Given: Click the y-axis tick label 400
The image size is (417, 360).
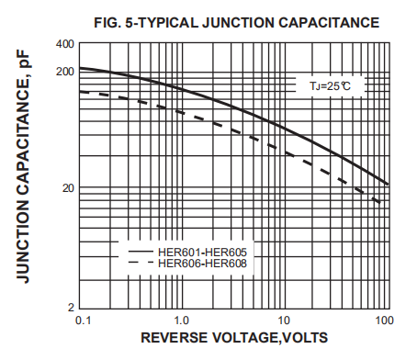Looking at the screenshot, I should (x=64, y=44).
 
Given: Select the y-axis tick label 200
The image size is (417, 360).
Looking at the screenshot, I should (x=64, y=71).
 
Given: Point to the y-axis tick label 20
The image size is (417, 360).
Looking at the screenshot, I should (x=67, y=188).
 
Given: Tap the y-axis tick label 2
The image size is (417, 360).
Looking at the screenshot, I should (x=71, y=307).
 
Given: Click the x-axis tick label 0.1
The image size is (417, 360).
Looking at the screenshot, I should (x=81, y=320).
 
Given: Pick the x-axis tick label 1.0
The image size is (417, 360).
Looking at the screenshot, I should (x=182, y=320).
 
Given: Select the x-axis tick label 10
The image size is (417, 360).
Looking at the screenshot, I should (x=284, y=320).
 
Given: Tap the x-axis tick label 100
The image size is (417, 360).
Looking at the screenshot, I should (x=385, y=320).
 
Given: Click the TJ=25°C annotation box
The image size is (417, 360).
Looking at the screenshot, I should (x=330, y=84).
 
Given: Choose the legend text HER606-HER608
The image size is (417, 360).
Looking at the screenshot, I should (x=202, y=264).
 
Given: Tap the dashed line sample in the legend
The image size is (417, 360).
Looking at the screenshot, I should (x=139, y=264).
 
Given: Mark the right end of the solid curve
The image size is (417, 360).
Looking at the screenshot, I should (x=389, y=185).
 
